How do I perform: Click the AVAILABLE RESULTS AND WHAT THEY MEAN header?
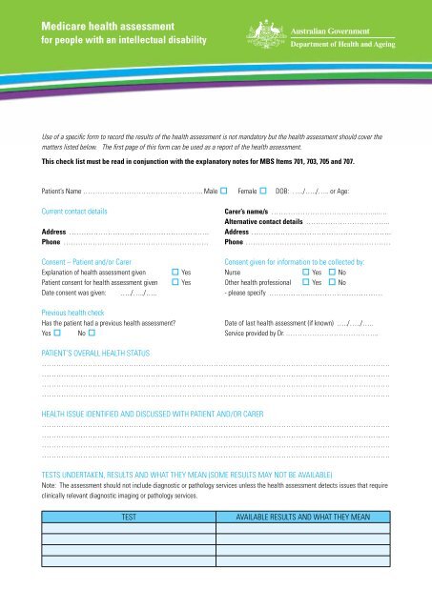pos(302,516)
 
